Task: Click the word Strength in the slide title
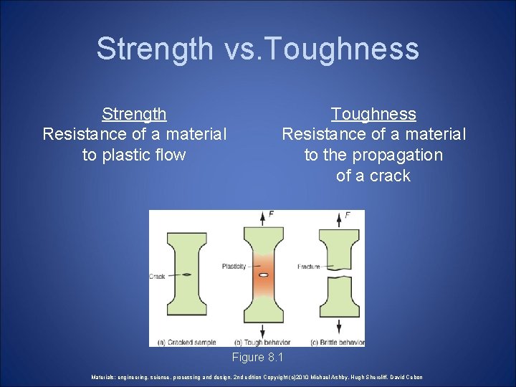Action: click(x=154, y=49)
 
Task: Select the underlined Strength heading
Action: click(x=134, y=114)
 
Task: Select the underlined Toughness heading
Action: click(x=373, y=114)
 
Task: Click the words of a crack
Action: click(x=373, y=176)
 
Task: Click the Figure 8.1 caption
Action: click(x=258, y=357)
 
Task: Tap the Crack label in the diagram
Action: click(x=157, y=276)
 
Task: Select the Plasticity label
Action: click(x=234, y=267)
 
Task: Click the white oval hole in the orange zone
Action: click(x=263, y=274)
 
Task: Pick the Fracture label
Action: click(x=308, y=267)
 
